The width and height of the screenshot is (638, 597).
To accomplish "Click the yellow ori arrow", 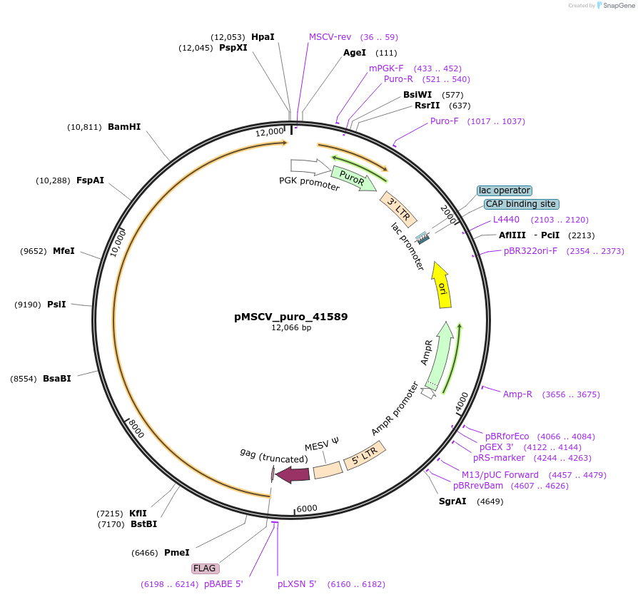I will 442,285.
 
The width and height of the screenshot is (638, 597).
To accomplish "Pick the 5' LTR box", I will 365,454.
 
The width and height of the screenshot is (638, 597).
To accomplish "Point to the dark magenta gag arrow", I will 293,474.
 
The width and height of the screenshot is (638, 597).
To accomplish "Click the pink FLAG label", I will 205,568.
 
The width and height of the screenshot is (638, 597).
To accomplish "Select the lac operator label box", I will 505,190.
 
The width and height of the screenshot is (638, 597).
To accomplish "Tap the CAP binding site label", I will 521,204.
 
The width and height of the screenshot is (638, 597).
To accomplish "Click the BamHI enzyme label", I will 124,127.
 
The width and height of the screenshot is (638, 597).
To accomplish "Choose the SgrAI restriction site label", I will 452,501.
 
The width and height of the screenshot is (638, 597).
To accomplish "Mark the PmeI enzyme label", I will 177,552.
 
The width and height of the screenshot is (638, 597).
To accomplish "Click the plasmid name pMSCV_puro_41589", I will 291,316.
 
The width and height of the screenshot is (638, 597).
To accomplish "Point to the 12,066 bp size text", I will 291,328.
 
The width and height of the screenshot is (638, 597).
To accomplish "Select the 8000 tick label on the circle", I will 136,429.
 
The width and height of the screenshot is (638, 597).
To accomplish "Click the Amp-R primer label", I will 517,394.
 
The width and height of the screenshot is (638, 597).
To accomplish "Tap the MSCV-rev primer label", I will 330,36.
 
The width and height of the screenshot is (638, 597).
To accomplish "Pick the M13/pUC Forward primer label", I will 500,474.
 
